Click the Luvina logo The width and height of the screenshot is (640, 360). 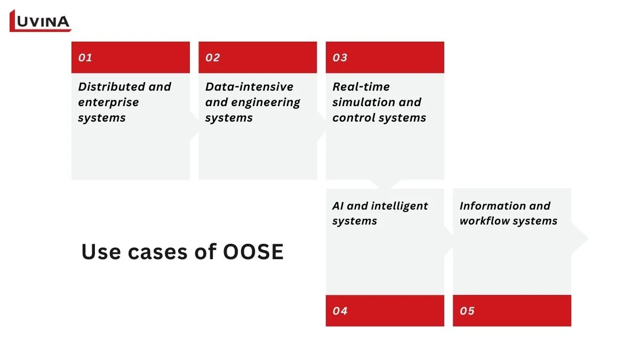click(x=40, y=21)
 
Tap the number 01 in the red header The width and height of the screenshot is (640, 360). click(x=85, y=58)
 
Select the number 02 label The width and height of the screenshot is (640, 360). click(x=212, y=58)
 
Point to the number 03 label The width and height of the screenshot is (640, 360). click(x=340, y=58)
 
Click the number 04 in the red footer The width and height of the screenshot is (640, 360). click(x=340, y=311)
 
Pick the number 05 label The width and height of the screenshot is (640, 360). click(x=467, y=311)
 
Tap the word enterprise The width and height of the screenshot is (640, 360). click(x=108, y=102)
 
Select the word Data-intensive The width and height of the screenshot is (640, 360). click(x=249, y=87)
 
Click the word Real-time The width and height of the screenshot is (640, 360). click(x=361, y=87)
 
